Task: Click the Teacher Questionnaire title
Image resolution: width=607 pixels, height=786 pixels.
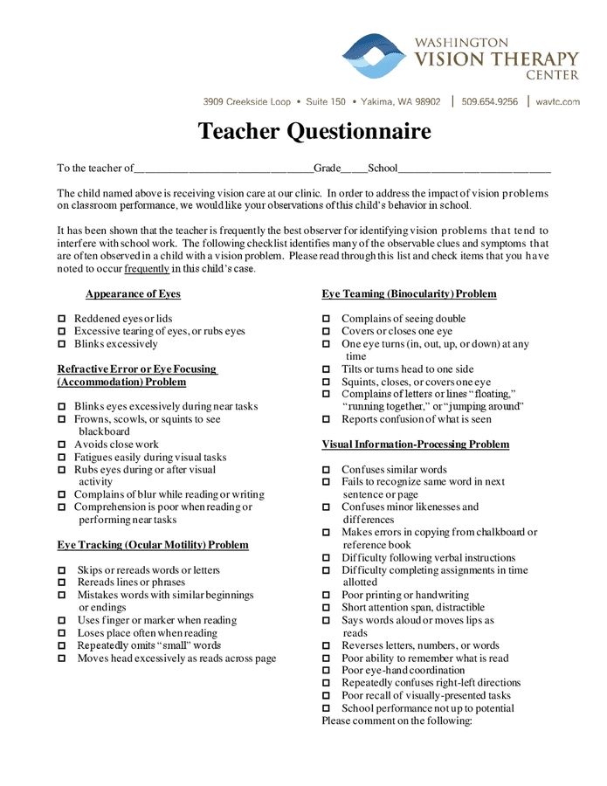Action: point(314,131)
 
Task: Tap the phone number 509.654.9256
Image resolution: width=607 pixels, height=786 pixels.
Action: point(489,102)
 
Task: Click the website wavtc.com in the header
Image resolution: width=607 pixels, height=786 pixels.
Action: point(557,102)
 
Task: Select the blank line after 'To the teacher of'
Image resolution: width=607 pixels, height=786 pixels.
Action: point(224,169)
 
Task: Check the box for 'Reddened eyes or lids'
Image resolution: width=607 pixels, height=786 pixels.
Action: point(62,320)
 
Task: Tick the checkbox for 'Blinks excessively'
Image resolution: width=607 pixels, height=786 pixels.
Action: point(62,345)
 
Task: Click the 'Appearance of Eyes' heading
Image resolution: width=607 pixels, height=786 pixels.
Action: point(133,294)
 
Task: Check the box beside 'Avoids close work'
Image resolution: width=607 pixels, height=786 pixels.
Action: point(62,445)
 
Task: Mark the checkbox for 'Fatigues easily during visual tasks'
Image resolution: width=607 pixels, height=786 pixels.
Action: point(62,458)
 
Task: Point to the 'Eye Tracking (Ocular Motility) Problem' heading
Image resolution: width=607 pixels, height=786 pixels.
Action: point(153,545)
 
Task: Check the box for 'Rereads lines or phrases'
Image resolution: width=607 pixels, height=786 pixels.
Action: point(62,583)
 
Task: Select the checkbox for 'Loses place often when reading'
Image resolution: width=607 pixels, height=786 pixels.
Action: point(62,634)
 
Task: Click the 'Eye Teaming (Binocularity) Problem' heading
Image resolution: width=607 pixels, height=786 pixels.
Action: point(409,294)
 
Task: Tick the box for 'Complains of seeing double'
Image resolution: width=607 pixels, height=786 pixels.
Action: point(327,320)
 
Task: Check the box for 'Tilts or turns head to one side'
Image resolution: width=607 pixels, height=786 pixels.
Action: point(327,370)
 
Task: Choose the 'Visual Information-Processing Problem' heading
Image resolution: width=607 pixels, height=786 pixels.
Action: point(415,445)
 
